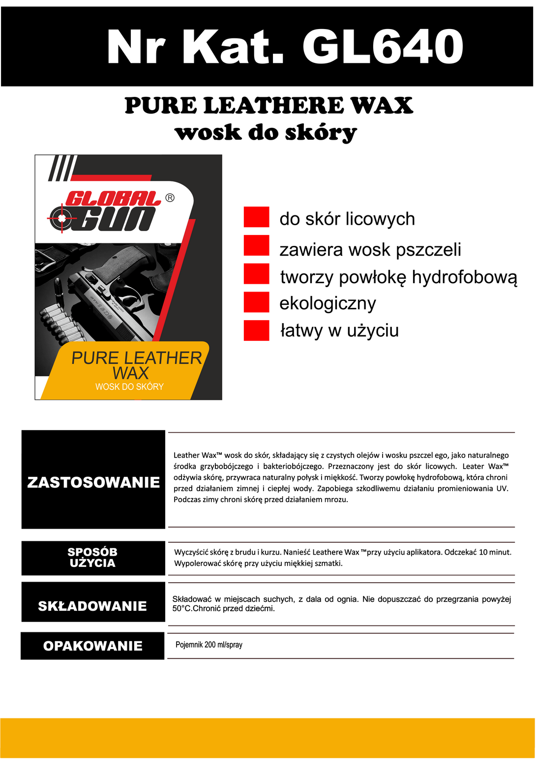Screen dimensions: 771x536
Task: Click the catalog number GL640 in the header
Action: (x=383, y=47)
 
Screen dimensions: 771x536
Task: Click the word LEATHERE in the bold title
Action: (x=273, y=106)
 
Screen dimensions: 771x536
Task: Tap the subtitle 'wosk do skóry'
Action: (x=266, y=133)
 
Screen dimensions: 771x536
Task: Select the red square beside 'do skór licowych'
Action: (x=256, y=217)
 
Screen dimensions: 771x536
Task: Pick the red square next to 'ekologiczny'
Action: (x=256, y=302)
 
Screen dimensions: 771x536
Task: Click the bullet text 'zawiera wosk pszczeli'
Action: (x=370, y=250)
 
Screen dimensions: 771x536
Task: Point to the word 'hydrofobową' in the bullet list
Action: (x=464, y=277)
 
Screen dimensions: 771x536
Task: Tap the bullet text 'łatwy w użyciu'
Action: (x=339, y=330)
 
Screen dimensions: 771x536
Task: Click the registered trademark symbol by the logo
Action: (x=170, y=198)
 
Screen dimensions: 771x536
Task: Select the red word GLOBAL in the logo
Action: (x=113, y=199)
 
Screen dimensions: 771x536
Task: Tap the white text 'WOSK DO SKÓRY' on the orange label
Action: (x=129, y=387)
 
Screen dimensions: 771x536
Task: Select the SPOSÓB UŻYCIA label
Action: (x=93, y=558)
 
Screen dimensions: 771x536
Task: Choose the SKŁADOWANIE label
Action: (x=92, y=606)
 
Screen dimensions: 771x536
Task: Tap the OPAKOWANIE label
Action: (x=92, y=646)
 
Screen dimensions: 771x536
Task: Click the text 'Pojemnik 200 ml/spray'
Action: (x=209, y=645)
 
